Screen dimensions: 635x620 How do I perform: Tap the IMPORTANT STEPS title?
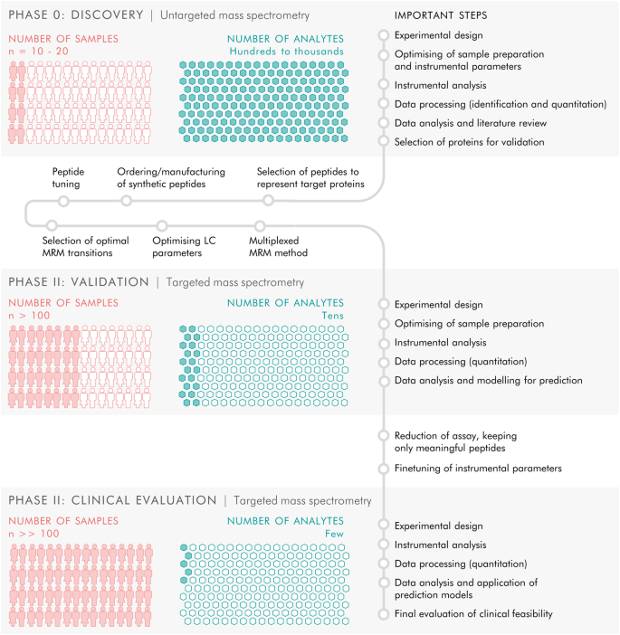point(442,15)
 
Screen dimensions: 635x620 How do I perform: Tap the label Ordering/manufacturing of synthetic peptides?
point(171,177)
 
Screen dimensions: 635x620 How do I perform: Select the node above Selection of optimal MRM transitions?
point(51,225)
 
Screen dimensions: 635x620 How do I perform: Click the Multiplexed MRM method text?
point(279,246)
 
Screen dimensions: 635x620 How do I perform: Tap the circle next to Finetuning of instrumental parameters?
point(385,469)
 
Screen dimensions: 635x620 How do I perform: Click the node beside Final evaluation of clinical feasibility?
point(385,614)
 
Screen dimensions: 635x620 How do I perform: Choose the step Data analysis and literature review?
point(470,123)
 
